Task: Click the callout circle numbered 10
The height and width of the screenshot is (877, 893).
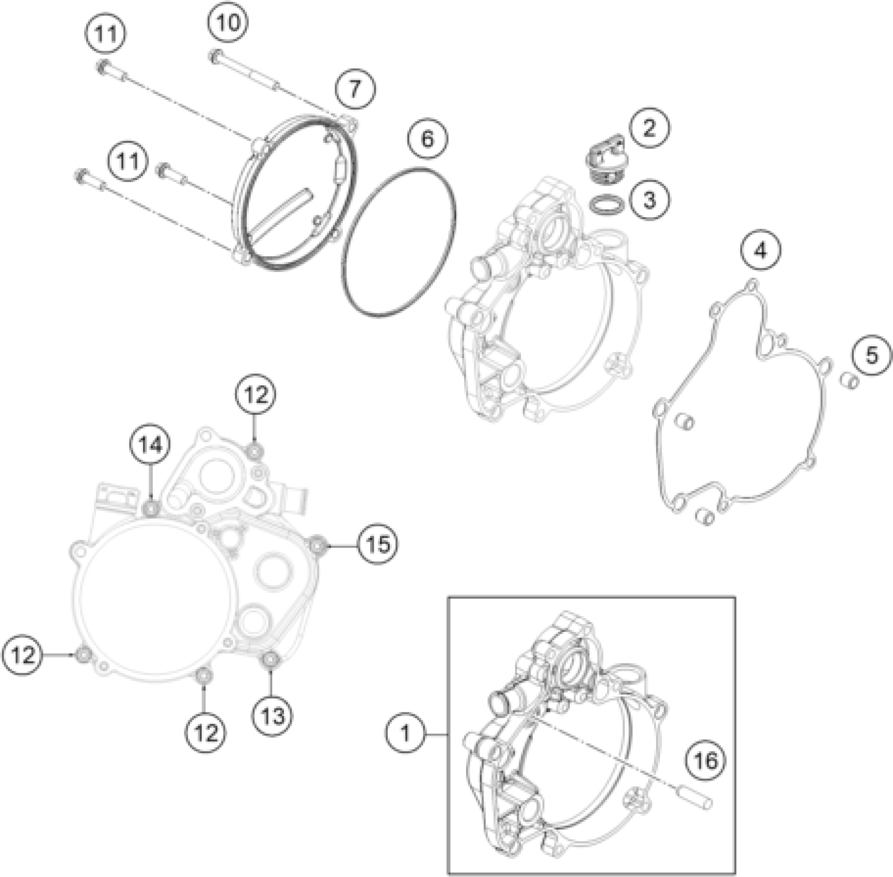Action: click(x=228, y=23)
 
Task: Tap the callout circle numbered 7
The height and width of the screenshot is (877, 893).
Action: click(x=355, y=89)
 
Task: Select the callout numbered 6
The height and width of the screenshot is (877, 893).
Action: click(x=427, y=139)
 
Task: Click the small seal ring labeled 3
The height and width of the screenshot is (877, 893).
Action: click(x=608, y=204)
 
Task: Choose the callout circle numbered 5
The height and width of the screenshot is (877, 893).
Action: click(x=871, y=355)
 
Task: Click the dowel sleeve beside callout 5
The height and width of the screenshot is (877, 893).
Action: click(x=850, y=382)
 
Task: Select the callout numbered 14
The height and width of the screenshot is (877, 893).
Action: click(x=150, y=445)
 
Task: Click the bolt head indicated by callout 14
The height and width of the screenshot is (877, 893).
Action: click(x=151, y=508)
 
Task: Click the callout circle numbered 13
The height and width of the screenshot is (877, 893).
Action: click(x=273, y=716)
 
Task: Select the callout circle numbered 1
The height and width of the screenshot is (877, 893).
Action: click(x=406, y=733)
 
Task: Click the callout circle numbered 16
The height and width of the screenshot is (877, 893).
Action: click(x=706, y=760)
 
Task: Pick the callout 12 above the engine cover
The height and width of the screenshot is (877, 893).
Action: click(x=256, y=395)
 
